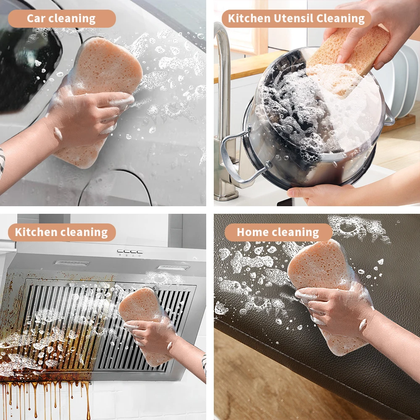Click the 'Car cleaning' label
point(61,19)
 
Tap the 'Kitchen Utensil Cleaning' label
point(296,19)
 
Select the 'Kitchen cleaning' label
point(61,232)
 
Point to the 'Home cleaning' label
point(278,232)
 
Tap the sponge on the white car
point(105,67)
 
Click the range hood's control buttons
point(130,252)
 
